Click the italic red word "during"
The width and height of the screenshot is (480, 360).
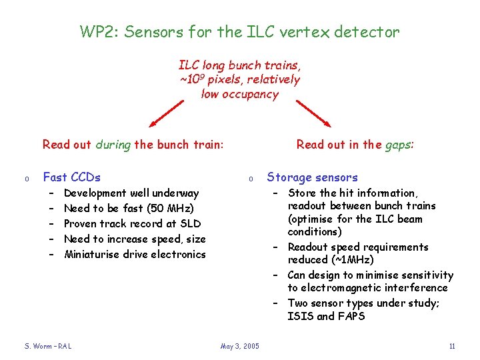[x=113, y=144]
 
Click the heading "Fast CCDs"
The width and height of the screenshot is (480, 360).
[x=71, y=177]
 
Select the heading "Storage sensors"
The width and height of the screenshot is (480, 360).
[x=312, y=177]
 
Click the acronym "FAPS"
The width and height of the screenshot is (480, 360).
[x=351, y=316]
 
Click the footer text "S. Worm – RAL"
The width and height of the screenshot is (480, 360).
[x=48, y=345]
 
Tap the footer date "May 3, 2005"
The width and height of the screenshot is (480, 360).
[x=240, y=345]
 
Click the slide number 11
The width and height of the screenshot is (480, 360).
[x=452, y=345]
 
